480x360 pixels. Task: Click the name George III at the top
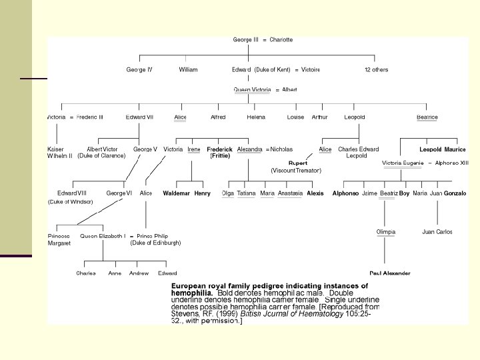(243, 40)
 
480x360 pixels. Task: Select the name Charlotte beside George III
(281, 40)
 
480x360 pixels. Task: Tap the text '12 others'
(376, 70)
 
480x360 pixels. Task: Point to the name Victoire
(311, 70)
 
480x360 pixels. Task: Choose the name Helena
(256, 117)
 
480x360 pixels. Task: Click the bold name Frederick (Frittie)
(220, 153)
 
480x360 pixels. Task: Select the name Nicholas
(281, 149)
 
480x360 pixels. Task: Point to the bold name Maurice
(455, 149)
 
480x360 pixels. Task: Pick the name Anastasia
(290, 193)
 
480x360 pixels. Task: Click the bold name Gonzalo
(455, 193)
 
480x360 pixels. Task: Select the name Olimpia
(386, 232)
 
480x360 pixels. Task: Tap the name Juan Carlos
(437, 232)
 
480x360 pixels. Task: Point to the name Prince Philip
(153, 236)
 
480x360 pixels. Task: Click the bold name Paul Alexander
(389, 273)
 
